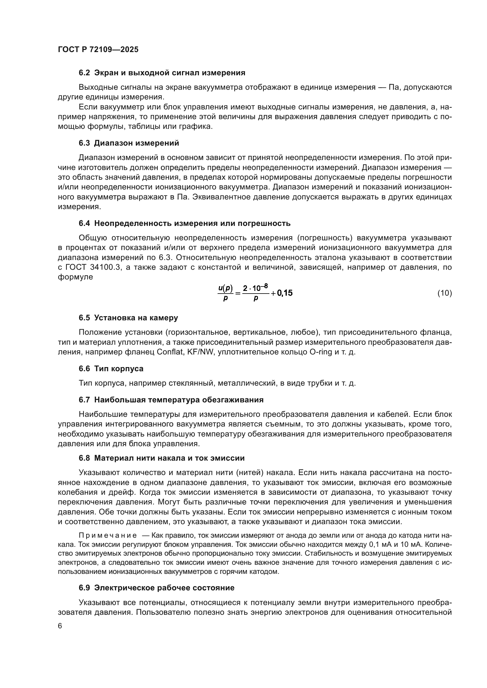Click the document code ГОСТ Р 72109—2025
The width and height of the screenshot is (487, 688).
click(98, 49)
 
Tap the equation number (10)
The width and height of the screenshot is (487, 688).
click(444, 293)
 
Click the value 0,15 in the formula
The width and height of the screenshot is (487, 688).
click(285, 293)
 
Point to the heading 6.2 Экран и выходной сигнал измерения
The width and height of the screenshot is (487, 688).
click(162, 73)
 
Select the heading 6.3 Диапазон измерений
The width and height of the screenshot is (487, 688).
click(129, 143)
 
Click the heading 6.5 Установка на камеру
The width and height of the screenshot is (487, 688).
click(128, 318)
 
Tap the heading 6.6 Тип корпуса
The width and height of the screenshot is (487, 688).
click(111, 369)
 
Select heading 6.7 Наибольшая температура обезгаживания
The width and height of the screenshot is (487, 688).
click(171, 400)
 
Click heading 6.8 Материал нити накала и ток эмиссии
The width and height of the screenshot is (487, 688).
click(162, 458)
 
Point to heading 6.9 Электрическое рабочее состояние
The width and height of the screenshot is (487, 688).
click(157, 588)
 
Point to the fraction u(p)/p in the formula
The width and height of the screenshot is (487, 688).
click(226, 293)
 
